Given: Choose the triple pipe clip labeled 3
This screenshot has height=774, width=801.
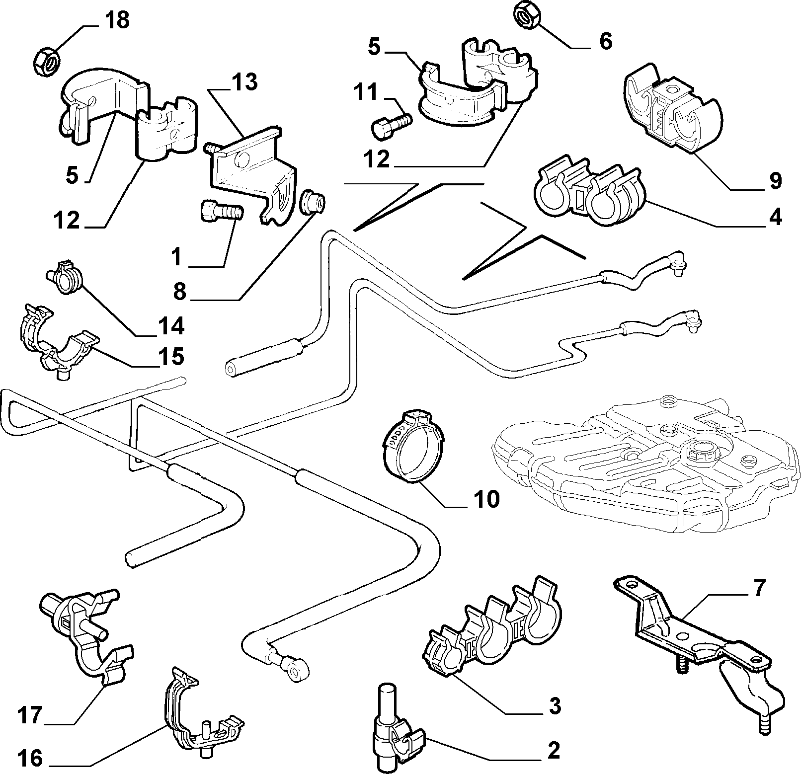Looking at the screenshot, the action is coord(491,624).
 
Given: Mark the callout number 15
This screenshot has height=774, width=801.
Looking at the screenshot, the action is coord(171,357).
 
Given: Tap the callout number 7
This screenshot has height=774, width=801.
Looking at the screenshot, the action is coord(758,588).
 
